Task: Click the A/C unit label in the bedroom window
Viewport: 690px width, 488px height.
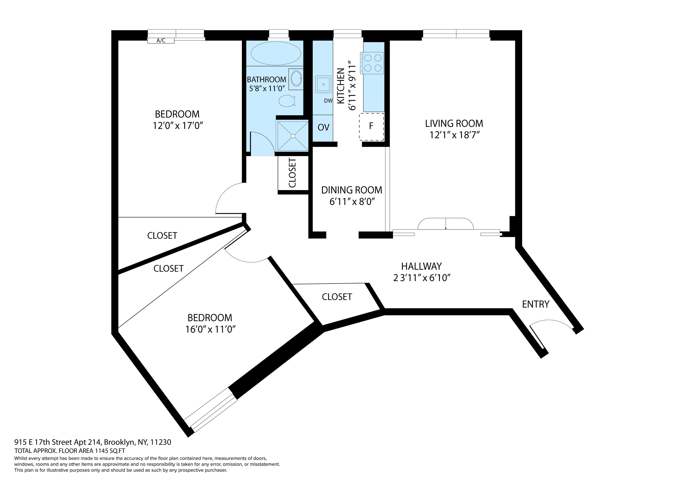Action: click(x=161, y=41)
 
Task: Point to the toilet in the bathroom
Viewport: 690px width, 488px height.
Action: click(x=287, y=101)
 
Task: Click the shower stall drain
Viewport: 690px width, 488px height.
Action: click(x=293, y=136)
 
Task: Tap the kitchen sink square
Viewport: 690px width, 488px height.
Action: click(x=323, y=84)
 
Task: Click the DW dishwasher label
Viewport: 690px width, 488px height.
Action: click(x=328, y=101)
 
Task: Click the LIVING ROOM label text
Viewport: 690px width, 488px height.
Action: click(x=454, y=124)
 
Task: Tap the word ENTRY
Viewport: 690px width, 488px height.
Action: click(x=535, y=304)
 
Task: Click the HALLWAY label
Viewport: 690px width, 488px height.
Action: click(x=421, y=266)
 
